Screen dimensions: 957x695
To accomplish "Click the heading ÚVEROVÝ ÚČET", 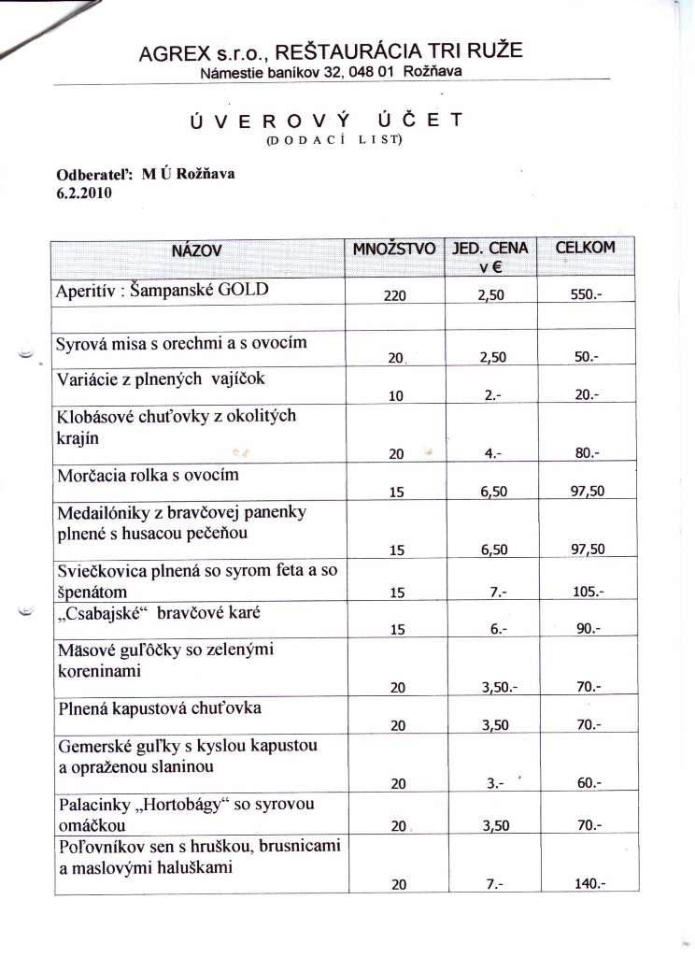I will coord(325,121).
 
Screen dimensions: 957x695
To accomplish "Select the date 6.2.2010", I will coord(84,193).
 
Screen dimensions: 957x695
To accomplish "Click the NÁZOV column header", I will coord(196,250).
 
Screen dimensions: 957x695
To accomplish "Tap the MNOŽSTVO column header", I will coord(394,249).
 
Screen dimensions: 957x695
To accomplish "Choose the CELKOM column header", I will coord(586,248).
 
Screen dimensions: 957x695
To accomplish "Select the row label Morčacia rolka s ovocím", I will coord(148,475).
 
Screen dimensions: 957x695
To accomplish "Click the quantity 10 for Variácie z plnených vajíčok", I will coord(396,395).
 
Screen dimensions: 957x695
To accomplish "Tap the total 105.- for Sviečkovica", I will coord(588,592).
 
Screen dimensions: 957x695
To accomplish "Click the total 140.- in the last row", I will coord(588,884).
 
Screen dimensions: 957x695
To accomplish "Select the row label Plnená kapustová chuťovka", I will coord(159,708).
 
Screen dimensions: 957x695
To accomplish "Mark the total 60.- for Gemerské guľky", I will coord(588,784).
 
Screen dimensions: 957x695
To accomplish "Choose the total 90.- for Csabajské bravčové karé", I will coord(588,629).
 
